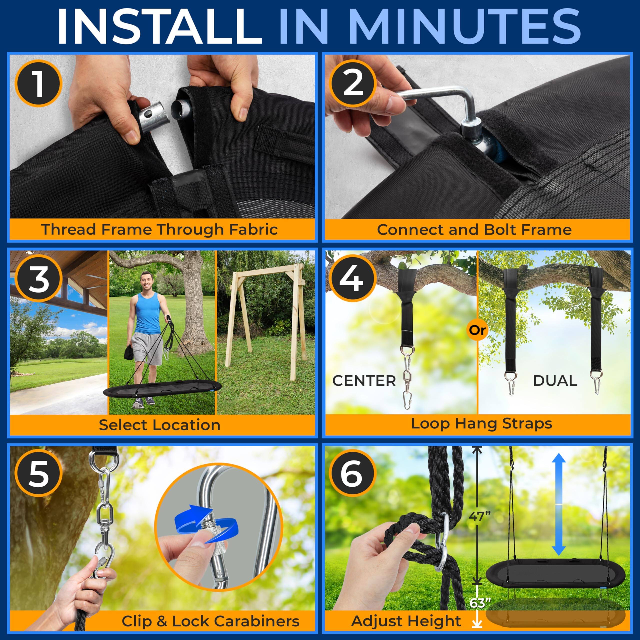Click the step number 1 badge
38,83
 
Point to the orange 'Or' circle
477,330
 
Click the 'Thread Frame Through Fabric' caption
160,229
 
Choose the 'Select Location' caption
160,425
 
